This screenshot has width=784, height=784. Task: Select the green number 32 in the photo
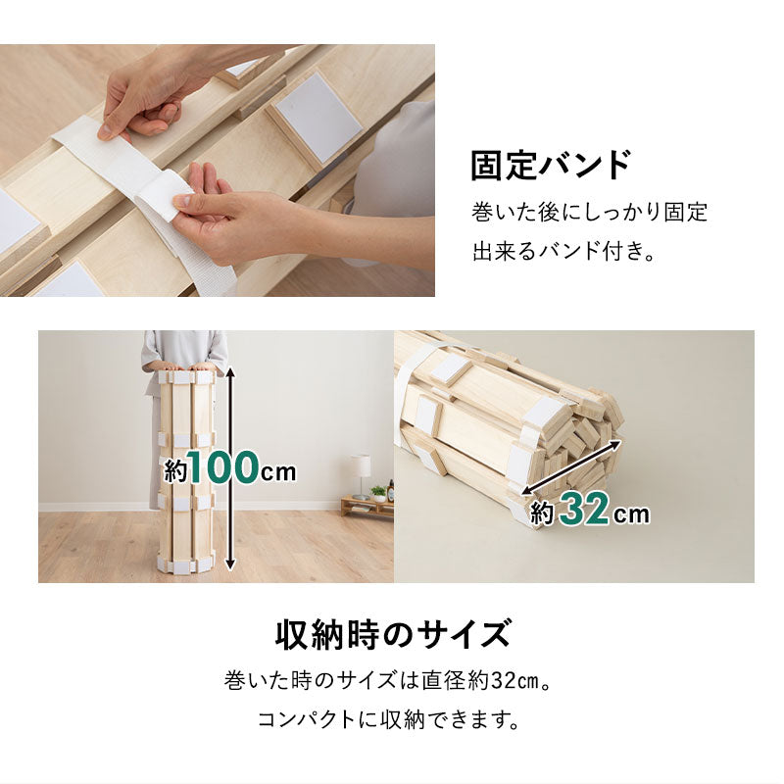coord(587,511)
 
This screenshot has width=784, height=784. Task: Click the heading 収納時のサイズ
coord(392,634)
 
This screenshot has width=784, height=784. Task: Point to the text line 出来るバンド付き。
coord(563,252)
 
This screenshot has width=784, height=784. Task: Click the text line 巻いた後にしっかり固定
coord(589,212)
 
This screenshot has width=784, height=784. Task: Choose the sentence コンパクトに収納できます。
coord(388,720)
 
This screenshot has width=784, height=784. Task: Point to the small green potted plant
coord(378,492)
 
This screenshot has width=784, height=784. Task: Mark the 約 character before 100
coord(175,471)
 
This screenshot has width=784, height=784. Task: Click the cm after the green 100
coord(278,471)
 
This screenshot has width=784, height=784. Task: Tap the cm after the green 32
coord(633,514)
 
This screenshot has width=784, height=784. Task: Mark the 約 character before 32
coord(543,513)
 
